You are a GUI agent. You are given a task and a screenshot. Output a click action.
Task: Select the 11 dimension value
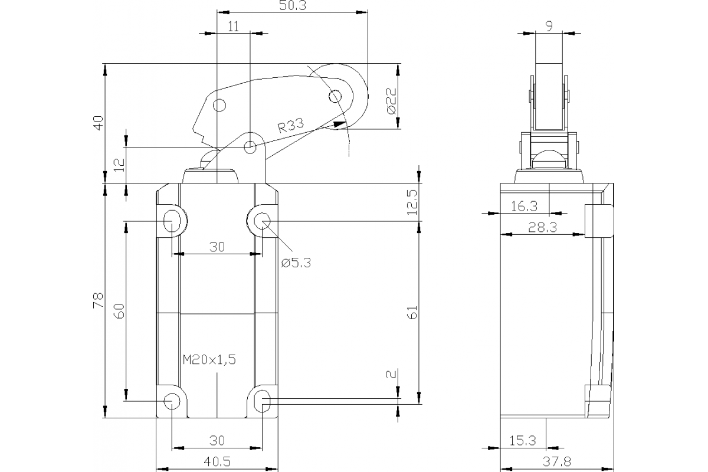coord(233,26)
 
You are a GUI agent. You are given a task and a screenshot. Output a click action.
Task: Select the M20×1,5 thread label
coord(209,360)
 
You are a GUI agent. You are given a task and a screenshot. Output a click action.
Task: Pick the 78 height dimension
coord(98,300)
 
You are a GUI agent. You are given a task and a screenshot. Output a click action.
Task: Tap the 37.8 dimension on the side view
coord(556,461)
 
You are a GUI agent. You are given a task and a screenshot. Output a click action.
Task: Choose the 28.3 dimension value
coord(543,228)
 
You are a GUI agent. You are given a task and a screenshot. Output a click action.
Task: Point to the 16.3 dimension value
coord(524,206)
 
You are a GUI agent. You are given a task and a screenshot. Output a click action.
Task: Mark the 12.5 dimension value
coord(412,202)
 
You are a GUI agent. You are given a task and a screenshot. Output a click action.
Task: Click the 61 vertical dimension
coord(412,312)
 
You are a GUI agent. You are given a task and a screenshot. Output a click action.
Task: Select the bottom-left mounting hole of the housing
coord(172,401)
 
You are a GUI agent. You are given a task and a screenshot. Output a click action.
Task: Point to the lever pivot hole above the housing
coord(250,146)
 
